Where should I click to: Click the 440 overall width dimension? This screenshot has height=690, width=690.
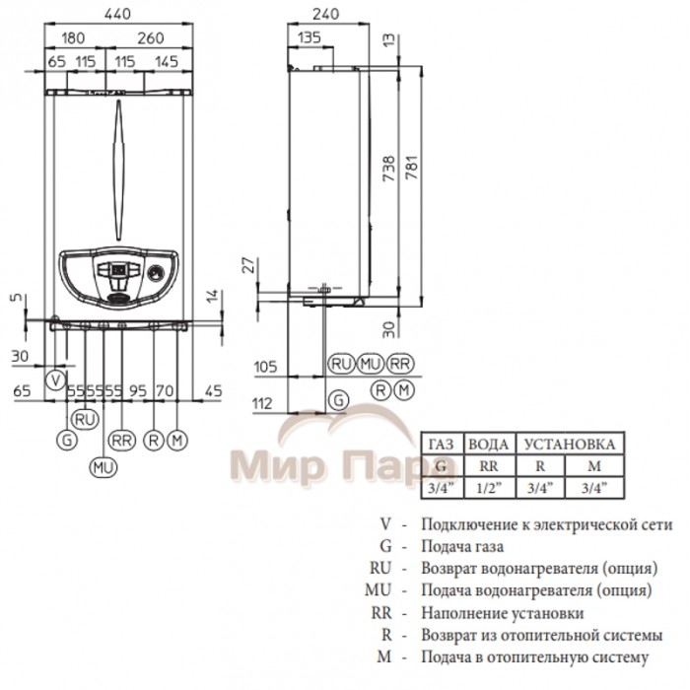[x=116, y=14]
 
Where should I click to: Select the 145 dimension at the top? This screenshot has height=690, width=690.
[x=167, y=62]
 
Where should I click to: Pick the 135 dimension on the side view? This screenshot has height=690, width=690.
[x=309, y=38]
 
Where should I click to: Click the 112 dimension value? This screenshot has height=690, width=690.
[x=261, y=402]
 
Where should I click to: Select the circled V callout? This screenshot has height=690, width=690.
[x=56, y=379]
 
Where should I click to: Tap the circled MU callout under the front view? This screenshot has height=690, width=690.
[x=103, y=466]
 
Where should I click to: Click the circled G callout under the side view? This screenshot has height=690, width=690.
[x=338, y=400]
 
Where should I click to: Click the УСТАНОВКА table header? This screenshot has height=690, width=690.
[x=571, y=445]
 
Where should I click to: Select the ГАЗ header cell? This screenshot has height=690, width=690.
[x=441, y=445]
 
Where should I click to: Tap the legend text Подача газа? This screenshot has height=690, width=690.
[x=462, y=546]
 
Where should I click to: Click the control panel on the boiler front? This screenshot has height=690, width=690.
[x=117, y=270]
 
